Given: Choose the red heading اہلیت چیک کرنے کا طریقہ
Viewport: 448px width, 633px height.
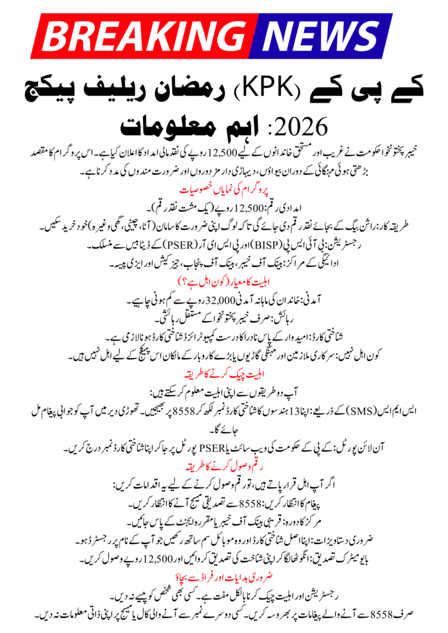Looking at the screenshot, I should [223, 375].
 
